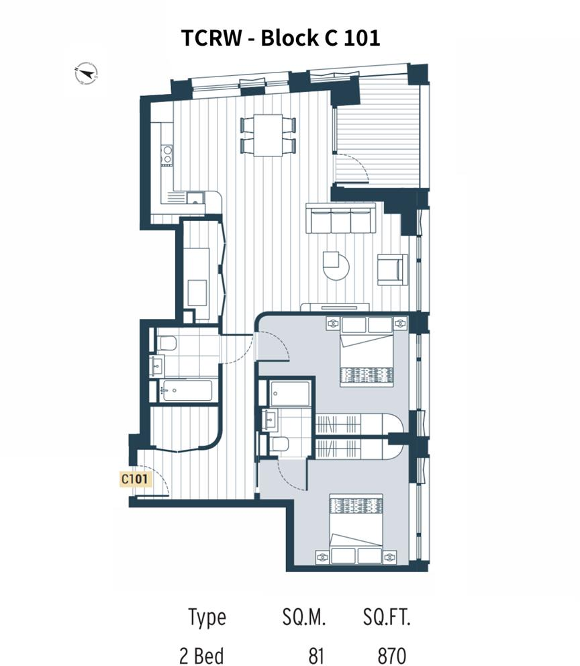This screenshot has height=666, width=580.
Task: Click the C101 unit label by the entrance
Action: (x=135, y=479)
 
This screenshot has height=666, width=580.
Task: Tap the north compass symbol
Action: (x=87, y=73)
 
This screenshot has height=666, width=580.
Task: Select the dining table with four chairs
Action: (x=267, y=134)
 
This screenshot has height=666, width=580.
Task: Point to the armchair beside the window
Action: (x=393, y=269)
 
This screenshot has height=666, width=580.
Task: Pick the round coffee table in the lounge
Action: (x=335, y=265)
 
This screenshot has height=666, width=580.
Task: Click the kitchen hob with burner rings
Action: (x=167, y=156)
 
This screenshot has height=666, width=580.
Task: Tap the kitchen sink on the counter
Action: (x=195, y=197)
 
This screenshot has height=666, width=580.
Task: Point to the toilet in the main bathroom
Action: (x=166, y=344)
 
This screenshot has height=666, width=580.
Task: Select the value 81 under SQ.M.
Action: (x=313, y=655)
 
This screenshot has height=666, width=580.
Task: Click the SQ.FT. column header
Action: (x=386, y=618)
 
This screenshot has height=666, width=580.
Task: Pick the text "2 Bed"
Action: (x=201, y=655)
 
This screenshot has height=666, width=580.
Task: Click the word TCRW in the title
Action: (x=210, y=38)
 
